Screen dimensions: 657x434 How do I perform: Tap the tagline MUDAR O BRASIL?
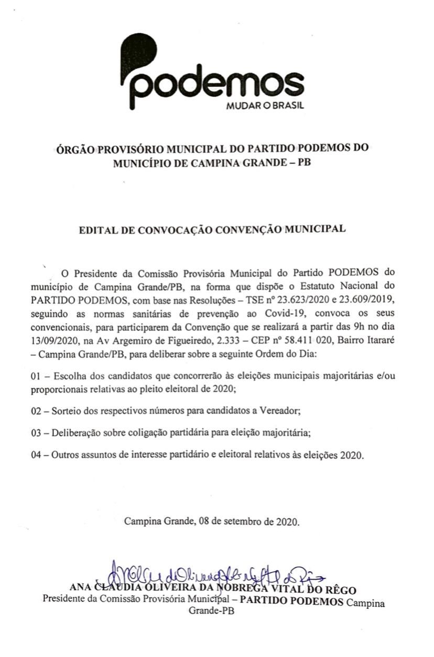click(x=264, y=105)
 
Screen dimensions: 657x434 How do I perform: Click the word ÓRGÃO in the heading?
click(x=74, y=149)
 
